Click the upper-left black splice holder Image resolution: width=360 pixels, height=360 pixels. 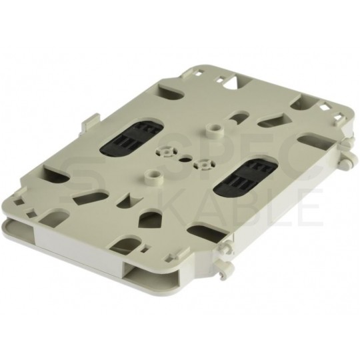tap(131, 137)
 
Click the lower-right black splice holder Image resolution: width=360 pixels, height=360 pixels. tap(246, 177)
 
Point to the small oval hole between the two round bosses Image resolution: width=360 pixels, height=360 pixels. tap(185, 159)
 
